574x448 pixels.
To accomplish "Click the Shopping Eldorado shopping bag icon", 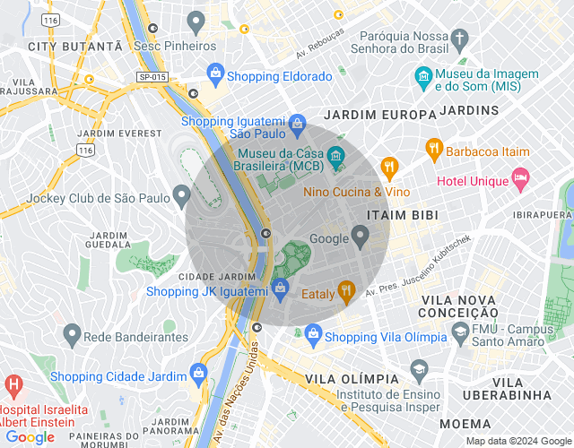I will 215,72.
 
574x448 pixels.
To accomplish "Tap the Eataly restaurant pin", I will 346,289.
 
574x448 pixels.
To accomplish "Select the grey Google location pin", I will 361,237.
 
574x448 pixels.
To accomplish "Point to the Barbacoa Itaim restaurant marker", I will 434,150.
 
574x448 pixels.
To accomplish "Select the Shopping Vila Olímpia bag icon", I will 313,336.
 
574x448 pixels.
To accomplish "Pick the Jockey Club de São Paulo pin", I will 182,194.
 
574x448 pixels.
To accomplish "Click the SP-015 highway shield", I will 153,78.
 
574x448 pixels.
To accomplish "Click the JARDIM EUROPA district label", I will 367,115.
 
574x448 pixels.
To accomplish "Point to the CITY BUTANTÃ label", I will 74,46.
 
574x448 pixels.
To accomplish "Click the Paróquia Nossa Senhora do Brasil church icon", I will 461,39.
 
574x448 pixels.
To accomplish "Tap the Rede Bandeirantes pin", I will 73,336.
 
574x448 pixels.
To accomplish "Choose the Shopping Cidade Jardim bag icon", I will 196,375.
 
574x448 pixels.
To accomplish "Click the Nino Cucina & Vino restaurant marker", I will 389,166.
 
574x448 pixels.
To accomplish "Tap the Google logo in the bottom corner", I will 31,437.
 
